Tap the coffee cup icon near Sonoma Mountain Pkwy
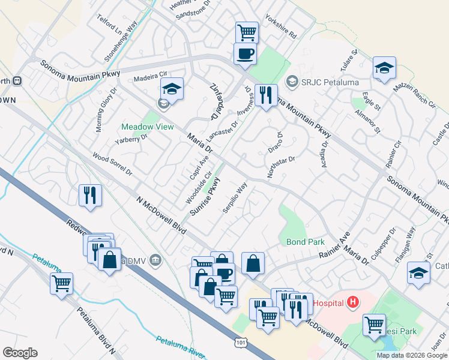click(245, 54)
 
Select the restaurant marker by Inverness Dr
click(265, 95)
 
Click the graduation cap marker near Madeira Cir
click(172, 90)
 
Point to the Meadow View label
click(147, 127)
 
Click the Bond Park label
click(305, 242)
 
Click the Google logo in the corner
click(19, 353)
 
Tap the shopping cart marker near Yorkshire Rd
click(247, 32)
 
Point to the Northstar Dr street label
click(282, 167)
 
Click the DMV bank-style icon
click(155, 259)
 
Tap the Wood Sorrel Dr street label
click(112, 164)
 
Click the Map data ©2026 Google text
click(412, 355)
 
